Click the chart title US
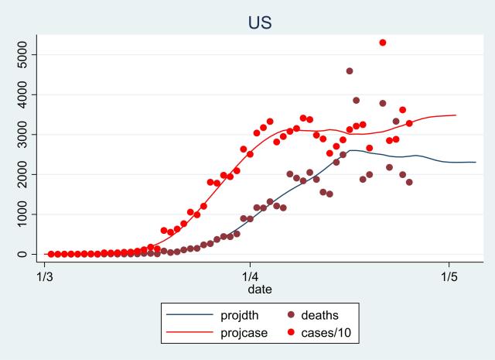point(259,22)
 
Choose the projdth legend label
point(239,315)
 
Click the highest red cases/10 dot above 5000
point(383,43)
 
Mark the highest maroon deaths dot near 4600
point(350,71)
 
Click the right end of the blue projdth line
point(475,162)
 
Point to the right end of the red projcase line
point(456,115)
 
